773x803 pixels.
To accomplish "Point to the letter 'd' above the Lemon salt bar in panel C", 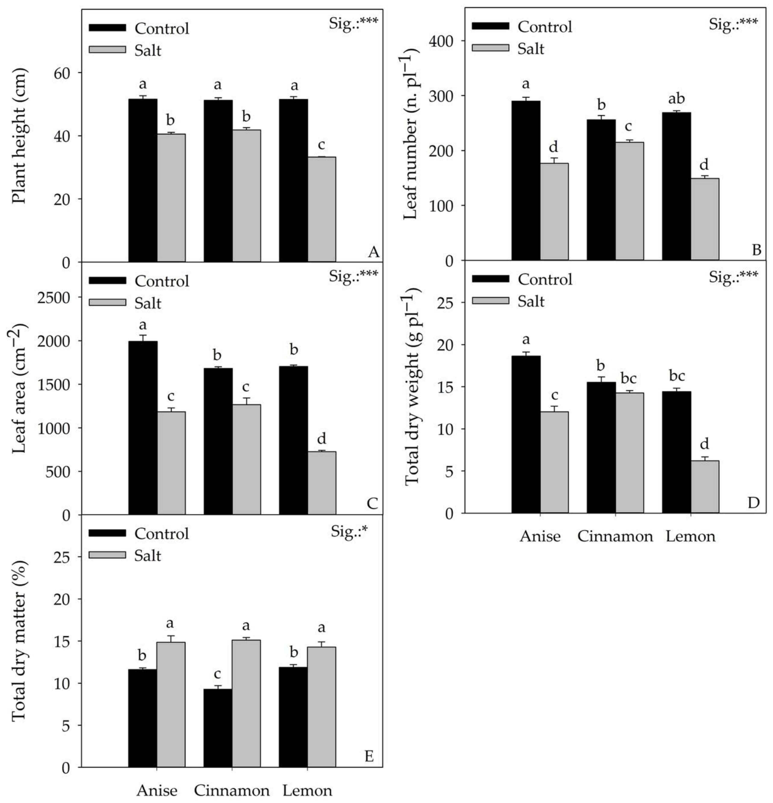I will tap(322, 439).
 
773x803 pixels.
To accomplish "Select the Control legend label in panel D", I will tap(544, 279).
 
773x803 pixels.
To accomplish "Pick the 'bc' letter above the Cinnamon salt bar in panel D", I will tap(629, 379).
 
